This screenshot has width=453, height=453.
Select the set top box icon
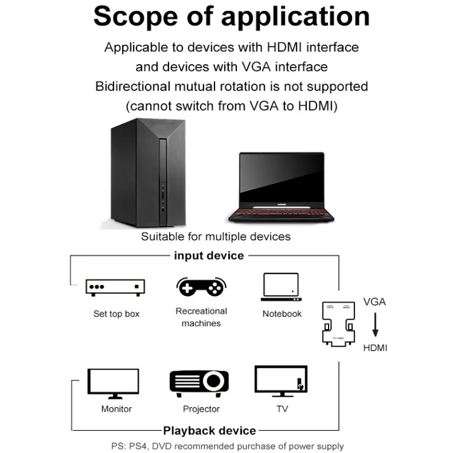tap(116, 287)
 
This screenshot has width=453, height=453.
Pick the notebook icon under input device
tap(281, 287)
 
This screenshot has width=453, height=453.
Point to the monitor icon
tap(116, 383)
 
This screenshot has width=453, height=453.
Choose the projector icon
tap(199, 382)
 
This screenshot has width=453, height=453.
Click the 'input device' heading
tap(209, 255)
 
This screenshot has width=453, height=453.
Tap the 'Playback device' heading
tap(210, 431)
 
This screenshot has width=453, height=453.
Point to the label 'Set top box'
tap(116, 314)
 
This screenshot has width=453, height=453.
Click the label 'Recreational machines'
tap(201, 317)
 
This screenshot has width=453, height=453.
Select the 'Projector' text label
tap(201, 409)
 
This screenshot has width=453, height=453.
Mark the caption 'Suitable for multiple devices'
tap(216, 236)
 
